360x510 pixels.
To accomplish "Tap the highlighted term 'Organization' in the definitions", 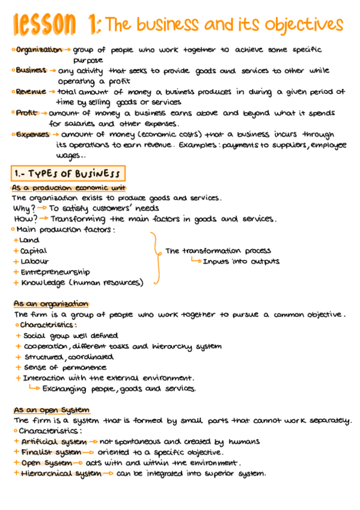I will (x=39, y=50).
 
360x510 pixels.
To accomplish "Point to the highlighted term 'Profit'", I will (x=26, y=113).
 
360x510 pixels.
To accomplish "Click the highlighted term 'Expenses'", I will (x=33, y=135).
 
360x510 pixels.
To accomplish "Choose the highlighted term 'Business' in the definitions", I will (x=31, y=71).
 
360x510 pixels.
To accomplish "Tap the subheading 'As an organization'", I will (x=50, y=304).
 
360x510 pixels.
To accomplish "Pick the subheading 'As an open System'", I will (x=52, y=410).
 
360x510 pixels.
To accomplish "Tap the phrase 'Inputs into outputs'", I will (x=241, y=262).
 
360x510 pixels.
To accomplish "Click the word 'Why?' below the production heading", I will (x=25, y=208).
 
